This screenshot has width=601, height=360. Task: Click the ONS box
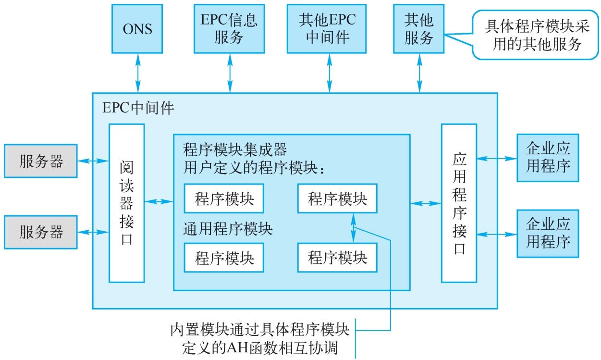pyautogui.click(x=137, y=28)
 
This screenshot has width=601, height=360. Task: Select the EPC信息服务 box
pyautogui.click(x=229, y=28)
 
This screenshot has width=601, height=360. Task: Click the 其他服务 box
pyautogui.click(x=418, y=28)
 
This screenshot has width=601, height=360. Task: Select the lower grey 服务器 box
pyautogui.click(x=41, y=232)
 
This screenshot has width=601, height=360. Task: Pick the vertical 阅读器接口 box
pyautogui.click(x=126, y=203)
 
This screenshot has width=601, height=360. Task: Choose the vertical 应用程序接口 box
pyautogui.click(x=459, y=203)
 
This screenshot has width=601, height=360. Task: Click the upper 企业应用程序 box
pyautogui.click(x=548, y=158)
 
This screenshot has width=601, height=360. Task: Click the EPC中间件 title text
pyautogui.click(x=138, y=107)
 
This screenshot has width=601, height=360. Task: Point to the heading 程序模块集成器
pyautogui.click(x=235, y=150)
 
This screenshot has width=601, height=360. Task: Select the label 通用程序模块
pyautogui.click(x=228, y=229)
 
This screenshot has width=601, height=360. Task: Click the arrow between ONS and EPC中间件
pyautogui.click(x=138, y=73)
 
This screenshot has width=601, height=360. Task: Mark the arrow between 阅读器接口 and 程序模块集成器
pyautogui.click(x=159, y=201)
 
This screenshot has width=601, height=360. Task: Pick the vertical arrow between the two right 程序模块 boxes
pyautogui.click(x=354, y=228)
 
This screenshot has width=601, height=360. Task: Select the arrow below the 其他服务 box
pyautogui.click(x=419, y=73)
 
